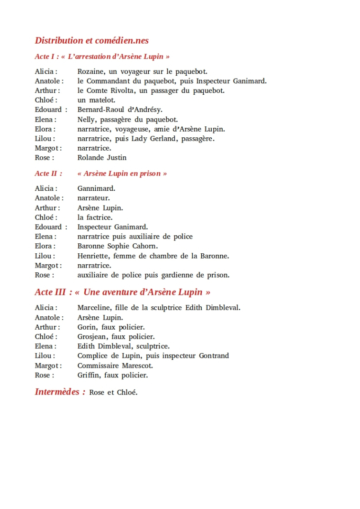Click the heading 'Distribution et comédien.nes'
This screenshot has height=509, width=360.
coord(92,41)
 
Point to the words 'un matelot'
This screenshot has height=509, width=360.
coord(96,100)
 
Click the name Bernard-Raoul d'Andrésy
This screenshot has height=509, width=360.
coord(120,110)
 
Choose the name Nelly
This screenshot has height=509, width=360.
coord(86,119)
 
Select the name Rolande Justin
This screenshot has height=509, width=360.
coord(102,158)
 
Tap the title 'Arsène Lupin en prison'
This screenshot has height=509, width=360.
coord(123,173)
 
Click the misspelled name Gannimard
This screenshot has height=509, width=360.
coord(96,188)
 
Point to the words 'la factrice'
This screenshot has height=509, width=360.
coord(95,217)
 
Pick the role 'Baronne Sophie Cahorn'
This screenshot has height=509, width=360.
coord(117,246)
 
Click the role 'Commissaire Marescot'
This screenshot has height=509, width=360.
coord(115,366)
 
